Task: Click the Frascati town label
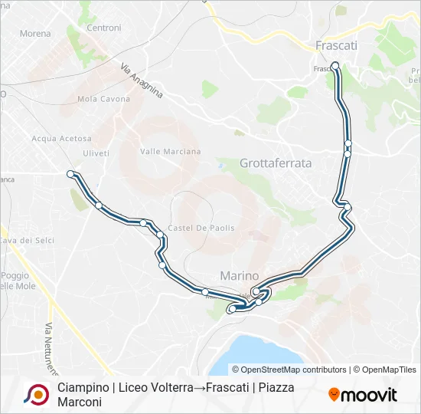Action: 336,46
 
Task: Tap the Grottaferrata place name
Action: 276,163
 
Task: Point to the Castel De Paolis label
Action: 201,228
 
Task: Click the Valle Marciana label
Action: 170,152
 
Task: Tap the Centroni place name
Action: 104,28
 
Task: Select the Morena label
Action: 35,34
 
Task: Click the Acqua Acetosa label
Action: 61,139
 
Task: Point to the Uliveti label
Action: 96,153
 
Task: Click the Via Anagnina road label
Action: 142,80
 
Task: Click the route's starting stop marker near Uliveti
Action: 70,174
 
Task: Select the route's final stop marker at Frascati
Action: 335,66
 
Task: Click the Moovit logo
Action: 363,395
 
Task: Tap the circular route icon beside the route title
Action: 34,394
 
